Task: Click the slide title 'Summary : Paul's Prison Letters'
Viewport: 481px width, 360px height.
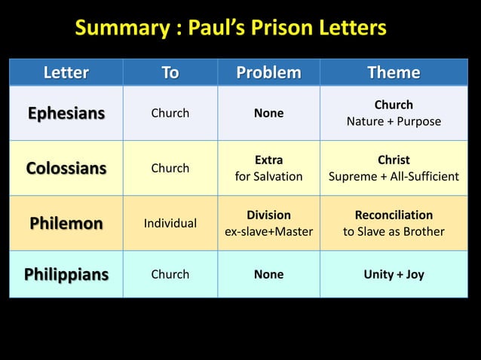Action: pyautogui.click(x=230, y=29)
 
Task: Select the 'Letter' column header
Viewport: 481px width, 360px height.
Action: pyautogui.click(x=66, y=72)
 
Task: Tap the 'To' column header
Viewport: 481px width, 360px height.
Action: pyautogui.click(x=170, y=72)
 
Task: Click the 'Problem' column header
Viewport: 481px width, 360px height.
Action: pyautogui.click(x=268, y=72)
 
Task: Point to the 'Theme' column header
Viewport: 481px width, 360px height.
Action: pyautogui.click(x=394, y=72)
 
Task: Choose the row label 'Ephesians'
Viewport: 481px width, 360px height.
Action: pyautogui.click(x=66, y=114)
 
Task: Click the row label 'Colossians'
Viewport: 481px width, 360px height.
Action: pyautogui.click(x=66, y=168)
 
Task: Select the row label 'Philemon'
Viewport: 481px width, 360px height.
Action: pyautogui.click(x=66, y=223)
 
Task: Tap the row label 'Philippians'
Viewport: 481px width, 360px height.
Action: pyautogui.click(x=66, y=274)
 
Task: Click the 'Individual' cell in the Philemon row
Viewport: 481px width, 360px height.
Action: pyautogui.click(x=170, y=223)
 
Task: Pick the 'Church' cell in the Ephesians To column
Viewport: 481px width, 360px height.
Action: pyautogui.click(x=170, y=114)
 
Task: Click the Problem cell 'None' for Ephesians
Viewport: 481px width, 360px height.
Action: pyautogui.click(x=268, y=114)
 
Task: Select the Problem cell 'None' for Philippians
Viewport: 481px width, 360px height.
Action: pyautogui.click(x=268, y=274)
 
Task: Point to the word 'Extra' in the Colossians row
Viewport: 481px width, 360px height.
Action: pyautogui.click(x=268, y=160)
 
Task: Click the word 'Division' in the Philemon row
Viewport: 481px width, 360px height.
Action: pyautogui.click(x=268, y=215)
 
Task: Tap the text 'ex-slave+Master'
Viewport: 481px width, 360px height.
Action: pyautogui.click(x=268, y=231)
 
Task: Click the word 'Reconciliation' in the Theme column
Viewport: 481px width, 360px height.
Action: pyautogui.click(x=394, y=215)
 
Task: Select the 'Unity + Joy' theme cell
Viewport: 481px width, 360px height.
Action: pyautogui.click(x=394, y=274)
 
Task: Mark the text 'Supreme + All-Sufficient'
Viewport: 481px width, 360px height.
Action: pyautogui.click(x=394, y=176)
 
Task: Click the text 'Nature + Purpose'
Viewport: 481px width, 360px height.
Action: pyautogui.click(x=394, y=121)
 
